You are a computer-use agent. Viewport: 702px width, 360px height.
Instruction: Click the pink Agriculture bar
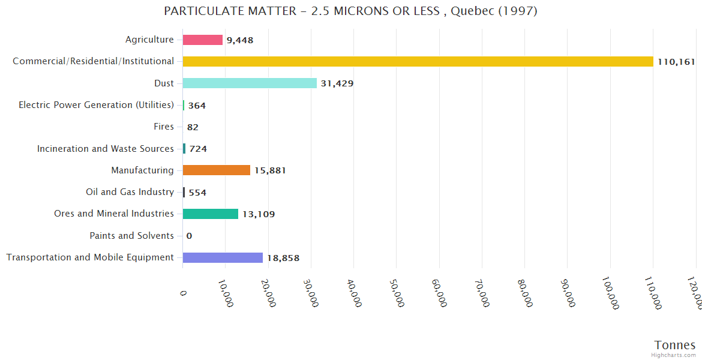pos(203,40)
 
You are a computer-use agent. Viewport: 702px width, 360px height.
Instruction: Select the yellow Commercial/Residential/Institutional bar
pos(418,61)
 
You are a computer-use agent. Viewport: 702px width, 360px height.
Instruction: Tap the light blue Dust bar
pos(250,83)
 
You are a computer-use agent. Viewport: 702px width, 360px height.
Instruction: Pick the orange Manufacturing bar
pos(216,170)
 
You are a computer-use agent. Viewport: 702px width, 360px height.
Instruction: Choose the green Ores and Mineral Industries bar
pos(210,214)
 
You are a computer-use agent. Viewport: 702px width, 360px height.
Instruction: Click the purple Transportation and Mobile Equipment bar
pos(223,257)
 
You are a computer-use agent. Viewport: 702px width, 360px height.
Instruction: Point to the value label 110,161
pos(676,62)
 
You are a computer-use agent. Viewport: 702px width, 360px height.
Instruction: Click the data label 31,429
pos(337,83)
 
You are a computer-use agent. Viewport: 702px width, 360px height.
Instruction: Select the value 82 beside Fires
pos(193,127)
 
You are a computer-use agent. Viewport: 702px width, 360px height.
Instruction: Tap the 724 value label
pos(198,149)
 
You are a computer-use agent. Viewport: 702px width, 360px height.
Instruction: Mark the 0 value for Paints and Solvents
pos(189,236)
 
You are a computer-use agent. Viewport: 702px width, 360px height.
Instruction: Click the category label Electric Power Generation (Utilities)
pos(96,105)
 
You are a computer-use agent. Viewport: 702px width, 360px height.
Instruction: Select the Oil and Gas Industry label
pos(130,192)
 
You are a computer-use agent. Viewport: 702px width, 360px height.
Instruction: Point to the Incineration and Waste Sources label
pos(105,149)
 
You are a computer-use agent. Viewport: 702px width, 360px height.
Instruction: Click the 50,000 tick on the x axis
pos(396,293)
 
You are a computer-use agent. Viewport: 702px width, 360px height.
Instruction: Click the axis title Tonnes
pos(674,345)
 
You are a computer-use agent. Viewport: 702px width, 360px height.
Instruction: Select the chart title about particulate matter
pos(350,11)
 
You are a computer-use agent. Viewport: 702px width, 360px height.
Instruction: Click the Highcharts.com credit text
pos(674,355)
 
